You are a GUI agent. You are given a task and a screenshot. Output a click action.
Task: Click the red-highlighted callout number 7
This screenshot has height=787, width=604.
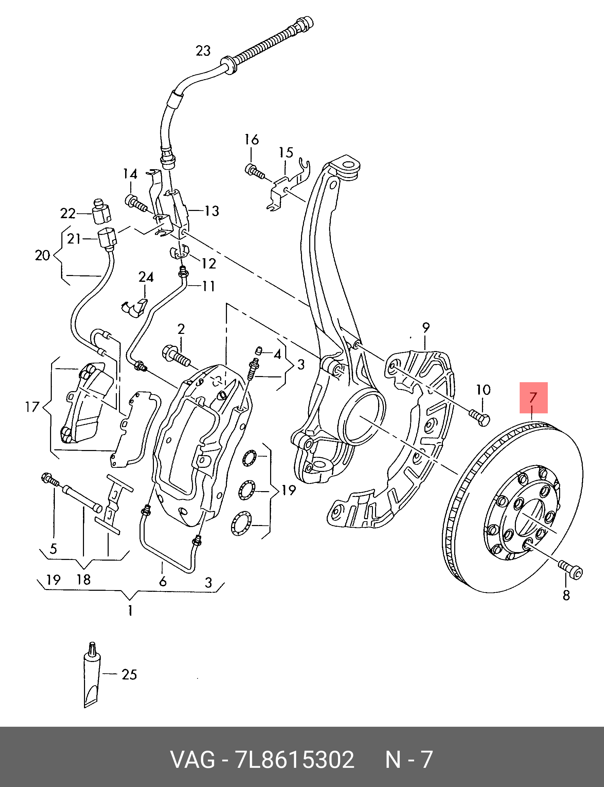pos(533,397)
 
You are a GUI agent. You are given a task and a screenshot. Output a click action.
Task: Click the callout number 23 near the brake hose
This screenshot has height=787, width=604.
pos(203,51)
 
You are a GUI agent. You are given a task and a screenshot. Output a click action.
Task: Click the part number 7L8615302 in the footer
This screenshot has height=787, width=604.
pos(294,760)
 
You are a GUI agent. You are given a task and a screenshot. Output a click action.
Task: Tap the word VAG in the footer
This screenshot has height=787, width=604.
pos(192,760)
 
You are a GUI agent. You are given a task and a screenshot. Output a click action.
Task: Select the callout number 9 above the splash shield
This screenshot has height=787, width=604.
pos(425,328)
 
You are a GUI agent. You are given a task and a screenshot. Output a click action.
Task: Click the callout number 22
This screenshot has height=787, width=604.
pos(68,213)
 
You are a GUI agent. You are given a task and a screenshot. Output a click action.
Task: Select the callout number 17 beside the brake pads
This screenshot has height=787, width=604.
pos(32,407)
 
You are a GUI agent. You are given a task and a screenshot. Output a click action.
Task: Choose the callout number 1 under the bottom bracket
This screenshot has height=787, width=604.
pos(130,610)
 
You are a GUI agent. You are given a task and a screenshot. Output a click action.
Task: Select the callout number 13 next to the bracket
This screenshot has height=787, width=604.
pos(212,211)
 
